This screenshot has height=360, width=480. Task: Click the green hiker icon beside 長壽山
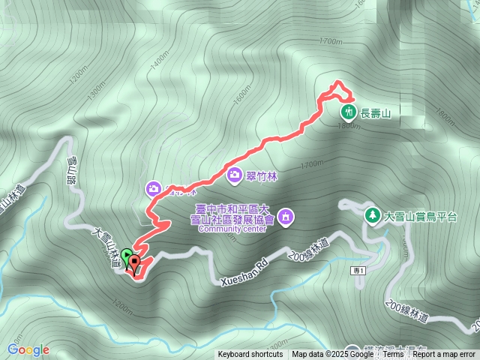[349, 112]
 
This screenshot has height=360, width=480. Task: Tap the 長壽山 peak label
[376, 112]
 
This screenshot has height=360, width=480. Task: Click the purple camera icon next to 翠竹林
[235, 175]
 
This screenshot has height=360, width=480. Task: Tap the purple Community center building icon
[286, 217]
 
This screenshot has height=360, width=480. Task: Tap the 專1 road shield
[358, 270]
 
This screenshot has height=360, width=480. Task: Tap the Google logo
[28, 349]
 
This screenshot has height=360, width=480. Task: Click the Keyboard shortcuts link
[250, 354]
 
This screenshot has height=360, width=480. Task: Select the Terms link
[393, 354]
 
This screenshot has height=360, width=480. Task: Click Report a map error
[444, 354]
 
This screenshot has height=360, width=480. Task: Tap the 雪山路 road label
[73, 169]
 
